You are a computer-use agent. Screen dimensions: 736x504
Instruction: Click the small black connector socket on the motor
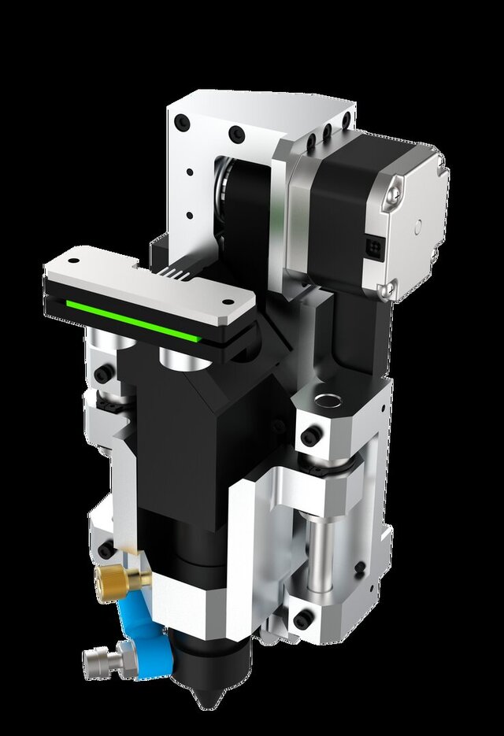click(x=373, y=245)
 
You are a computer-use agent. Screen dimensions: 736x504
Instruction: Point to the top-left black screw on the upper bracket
click(x=183, y=123)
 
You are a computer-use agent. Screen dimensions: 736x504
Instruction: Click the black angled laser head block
click(x=197, y=441)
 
